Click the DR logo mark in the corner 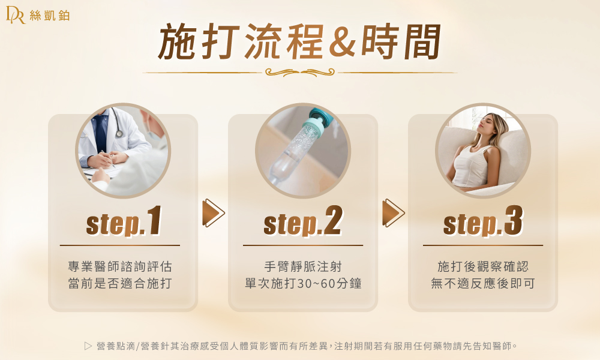click(16, 15)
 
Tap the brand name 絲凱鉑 click(50, 16)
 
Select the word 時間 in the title click(400, 41)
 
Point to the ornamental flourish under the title click(299, 72)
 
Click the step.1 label click(124, 221)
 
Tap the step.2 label click(302, 221)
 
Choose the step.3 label click(483, 221)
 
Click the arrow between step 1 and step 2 click(213, 213)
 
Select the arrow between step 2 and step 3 click(393, 213)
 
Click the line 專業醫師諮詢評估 click(120, 266)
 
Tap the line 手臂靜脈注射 click(302, 266)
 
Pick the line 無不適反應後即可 click(482, 283)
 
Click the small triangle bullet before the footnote click(88, 346)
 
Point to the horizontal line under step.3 click(483, 245)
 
